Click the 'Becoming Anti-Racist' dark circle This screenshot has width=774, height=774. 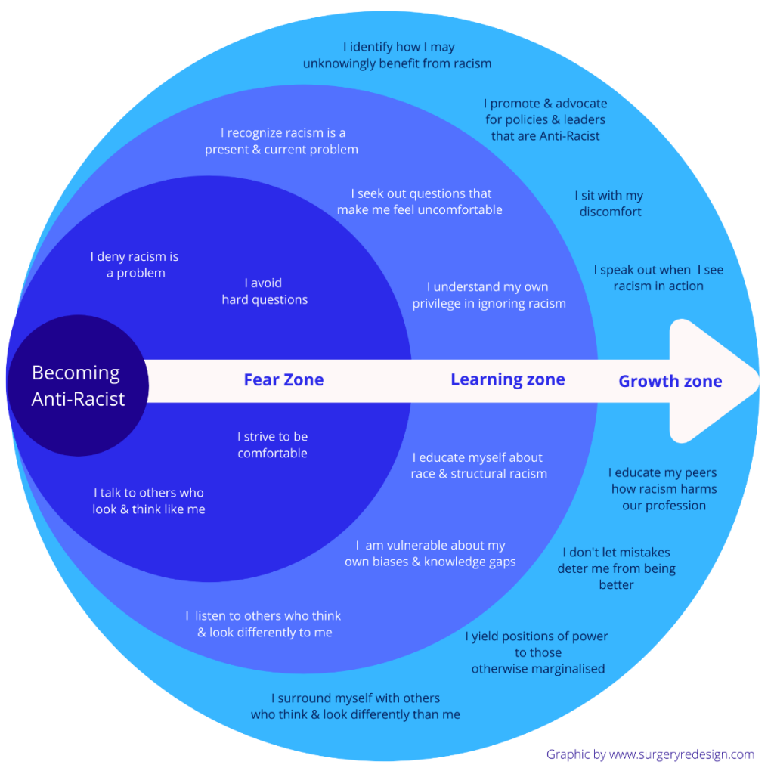pos(78,385)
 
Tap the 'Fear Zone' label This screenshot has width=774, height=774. pos(284,379)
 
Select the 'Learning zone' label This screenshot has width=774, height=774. pos(508,379)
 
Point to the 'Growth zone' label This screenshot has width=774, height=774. pos(670,381)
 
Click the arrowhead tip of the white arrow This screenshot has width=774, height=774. pos(759,381)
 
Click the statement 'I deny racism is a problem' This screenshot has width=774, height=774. pos(135,265)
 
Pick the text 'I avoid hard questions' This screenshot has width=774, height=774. pos(265,291)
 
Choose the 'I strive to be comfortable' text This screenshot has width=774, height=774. pos(272,444)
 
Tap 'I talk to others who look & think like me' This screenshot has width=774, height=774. pos(149,500)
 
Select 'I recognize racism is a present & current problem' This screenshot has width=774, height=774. pos(282,141)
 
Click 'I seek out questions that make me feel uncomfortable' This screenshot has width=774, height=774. pos(420,201)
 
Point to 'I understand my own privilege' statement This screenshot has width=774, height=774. pos(489,296)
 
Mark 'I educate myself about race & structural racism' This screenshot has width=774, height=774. pos(478,466)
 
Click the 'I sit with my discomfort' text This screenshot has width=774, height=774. pos(610,203)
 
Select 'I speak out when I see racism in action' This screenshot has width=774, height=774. pos(658,277)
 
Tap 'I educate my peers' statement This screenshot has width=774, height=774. pos(664,489)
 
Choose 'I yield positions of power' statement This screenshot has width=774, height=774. pos(537,652)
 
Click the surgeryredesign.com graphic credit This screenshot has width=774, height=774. pos(650,754)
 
